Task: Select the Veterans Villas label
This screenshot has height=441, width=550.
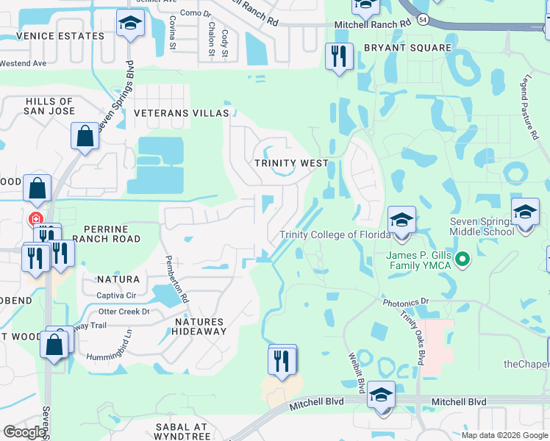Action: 181,113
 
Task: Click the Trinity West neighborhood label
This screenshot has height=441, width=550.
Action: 290,163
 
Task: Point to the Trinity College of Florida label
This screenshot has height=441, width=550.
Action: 335,234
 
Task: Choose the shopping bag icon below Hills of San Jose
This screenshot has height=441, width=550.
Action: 85,136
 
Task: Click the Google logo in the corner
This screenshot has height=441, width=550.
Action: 24,432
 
